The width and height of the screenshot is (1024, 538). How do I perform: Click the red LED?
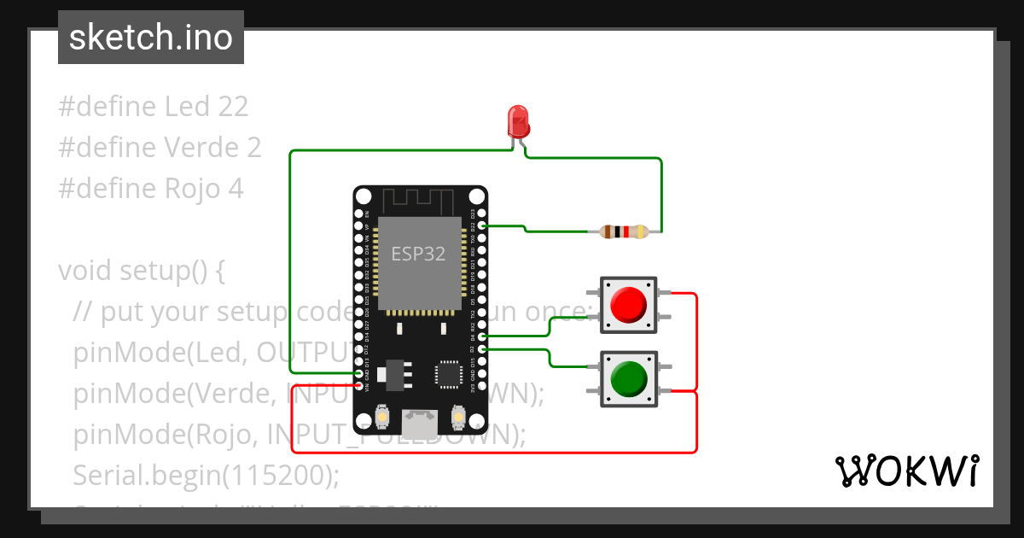[518, 122]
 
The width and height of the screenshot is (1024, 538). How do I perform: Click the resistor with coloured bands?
[625, 231]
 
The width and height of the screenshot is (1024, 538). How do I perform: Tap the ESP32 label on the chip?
[418, 254]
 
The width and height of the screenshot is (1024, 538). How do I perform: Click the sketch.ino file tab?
[151, 38]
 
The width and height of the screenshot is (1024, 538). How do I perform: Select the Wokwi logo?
[906, 471]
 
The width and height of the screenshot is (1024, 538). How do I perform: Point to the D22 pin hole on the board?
[482, 225]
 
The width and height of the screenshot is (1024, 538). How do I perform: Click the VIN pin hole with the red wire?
[358, 387]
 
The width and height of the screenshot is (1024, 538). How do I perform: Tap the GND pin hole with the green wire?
[358, 374]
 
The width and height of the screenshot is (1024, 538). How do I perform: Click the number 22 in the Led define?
[233, 107]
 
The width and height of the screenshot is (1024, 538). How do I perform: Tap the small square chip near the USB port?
[448, 374]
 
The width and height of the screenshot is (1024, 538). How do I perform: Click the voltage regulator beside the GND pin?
[394, 373]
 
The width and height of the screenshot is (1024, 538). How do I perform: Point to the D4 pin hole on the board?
[482, 337]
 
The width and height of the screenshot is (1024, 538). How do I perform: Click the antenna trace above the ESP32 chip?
[419, 202]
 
